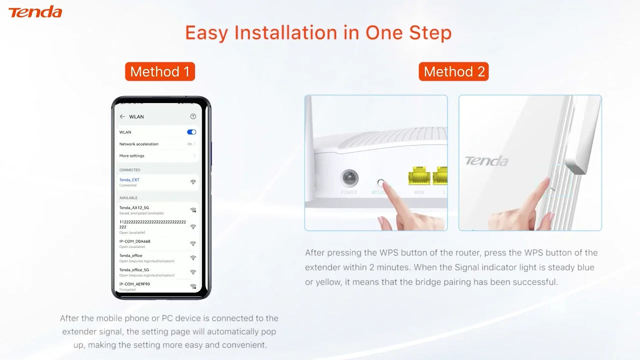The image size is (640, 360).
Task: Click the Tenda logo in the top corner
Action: (35, 12)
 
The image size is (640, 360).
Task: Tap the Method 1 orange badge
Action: (160, 71)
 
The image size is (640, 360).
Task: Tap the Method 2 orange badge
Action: (454, 71)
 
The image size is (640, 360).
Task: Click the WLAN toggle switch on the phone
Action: (191, 132)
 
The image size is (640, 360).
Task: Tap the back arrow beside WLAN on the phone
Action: (122, 116)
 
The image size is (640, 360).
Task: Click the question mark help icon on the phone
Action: (193, 116)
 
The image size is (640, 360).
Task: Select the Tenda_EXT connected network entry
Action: (129, 180)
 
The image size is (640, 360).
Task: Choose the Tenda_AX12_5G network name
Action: (134, 207)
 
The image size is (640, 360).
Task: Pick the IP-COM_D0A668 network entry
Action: (134, 241)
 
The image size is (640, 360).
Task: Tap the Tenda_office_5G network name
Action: (134, 270)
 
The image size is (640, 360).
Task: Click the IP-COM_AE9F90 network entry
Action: (134, 284)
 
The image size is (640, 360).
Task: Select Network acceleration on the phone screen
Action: (138, 144)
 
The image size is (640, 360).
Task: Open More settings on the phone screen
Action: (131, 156)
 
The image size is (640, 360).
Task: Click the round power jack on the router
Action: (349, 178)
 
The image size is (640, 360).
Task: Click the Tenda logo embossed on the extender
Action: (486, 161)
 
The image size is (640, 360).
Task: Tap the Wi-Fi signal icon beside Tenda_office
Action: (193, 258)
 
